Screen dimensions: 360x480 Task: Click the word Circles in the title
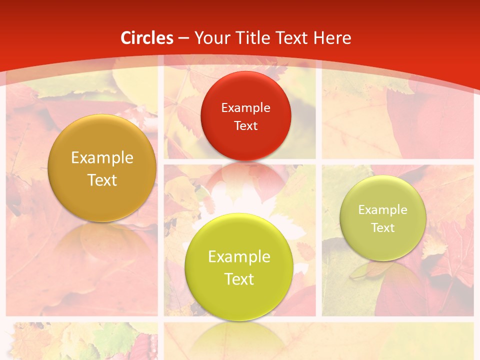tap(147, 38)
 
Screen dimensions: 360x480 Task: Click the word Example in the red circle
tap(245, 108)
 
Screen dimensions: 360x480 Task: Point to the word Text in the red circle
tap(245, 126)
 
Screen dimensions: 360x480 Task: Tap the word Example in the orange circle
tap(102, 158)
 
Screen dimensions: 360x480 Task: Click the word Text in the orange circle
tap(102, 180)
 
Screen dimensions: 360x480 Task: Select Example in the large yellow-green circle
tap(239, 257)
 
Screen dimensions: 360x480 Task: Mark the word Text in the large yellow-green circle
tap(239, 279)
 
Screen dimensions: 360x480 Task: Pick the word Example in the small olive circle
tap(383, 210)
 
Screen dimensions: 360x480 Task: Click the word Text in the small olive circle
tap(383, 228)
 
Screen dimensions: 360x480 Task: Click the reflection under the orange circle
tap(102, 240)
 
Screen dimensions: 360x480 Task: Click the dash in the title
tap(183, 38)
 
